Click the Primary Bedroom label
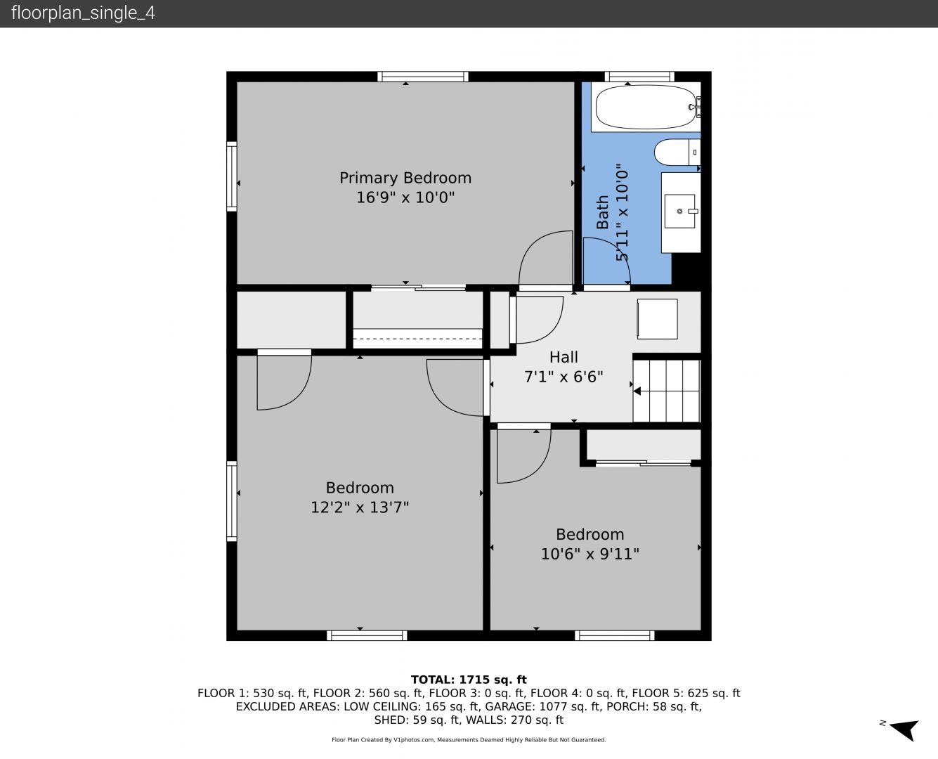tap(405, 178)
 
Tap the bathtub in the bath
tap(646, 107)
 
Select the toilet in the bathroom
tap(677, 153)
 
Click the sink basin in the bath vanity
tap(679, 211)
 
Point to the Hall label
tap(564, 357)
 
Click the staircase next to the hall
tap(666, 391)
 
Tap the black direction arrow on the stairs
tap(637, 391)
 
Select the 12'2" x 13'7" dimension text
tap(360, 507)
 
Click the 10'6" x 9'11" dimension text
tap(589, 554)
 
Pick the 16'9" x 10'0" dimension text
tap(405, 197)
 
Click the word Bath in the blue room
tap(602, 212)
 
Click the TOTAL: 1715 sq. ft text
tap(469, 680)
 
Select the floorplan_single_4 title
tap(83, 13)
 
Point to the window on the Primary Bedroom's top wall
tap(423, 77)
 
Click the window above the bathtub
tap(639, 77)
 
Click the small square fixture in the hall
tap(657, 319)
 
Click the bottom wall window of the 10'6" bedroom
tap(615, 635)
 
